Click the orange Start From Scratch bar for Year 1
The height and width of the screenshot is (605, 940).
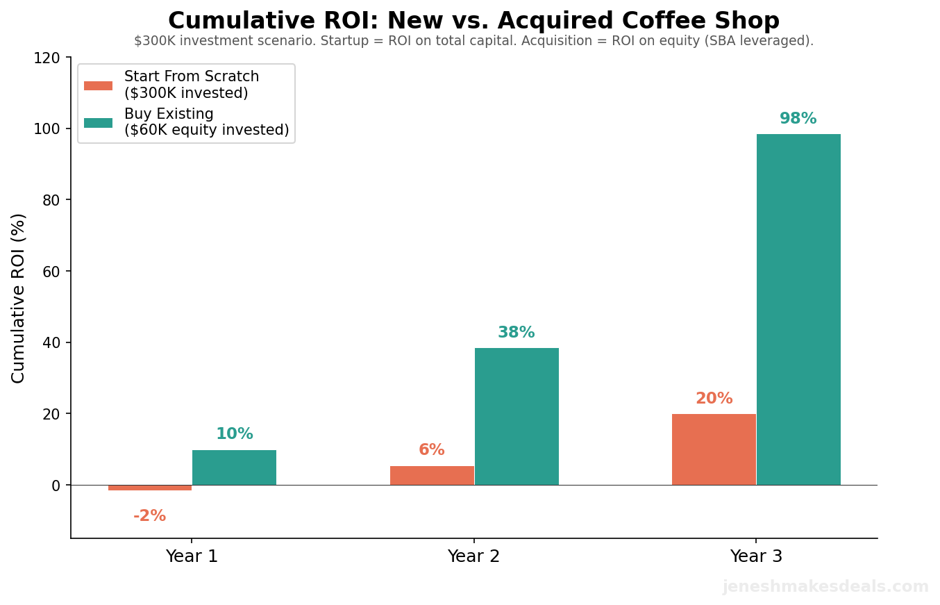tap(150, 488)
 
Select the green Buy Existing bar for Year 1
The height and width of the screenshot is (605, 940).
tap(234, 467)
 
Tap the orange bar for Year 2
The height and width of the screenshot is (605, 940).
tap(432, 475)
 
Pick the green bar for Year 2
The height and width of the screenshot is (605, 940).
tap(517, 416)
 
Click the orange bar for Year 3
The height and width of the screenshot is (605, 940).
tap(714, 449)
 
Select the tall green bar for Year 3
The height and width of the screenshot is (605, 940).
tap(798, 309)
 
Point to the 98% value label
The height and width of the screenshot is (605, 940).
tap(798, 119)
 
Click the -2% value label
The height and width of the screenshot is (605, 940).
tap(150, 516)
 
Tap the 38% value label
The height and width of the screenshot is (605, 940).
tap(517, 333)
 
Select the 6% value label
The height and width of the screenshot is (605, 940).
tap(432, 450)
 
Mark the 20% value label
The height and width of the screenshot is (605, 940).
tap(714, 399)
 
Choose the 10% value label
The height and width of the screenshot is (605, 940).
tap(235, 434)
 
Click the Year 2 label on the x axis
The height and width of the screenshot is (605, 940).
tap(474, 556)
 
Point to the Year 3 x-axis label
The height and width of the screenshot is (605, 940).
tap(756, 556)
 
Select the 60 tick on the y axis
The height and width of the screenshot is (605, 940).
tap(51, 272)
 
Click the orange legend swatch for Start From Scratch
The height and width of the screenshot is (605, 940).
tap(98, 85)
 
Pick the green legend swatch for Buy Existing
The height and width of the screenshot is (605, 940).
tap(98, 123)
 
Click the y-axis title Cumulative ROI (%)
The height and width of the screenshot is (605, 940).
tap(19, 298)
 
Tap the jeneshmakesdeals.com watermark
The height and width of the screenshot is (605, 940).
tap(825, 587)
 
